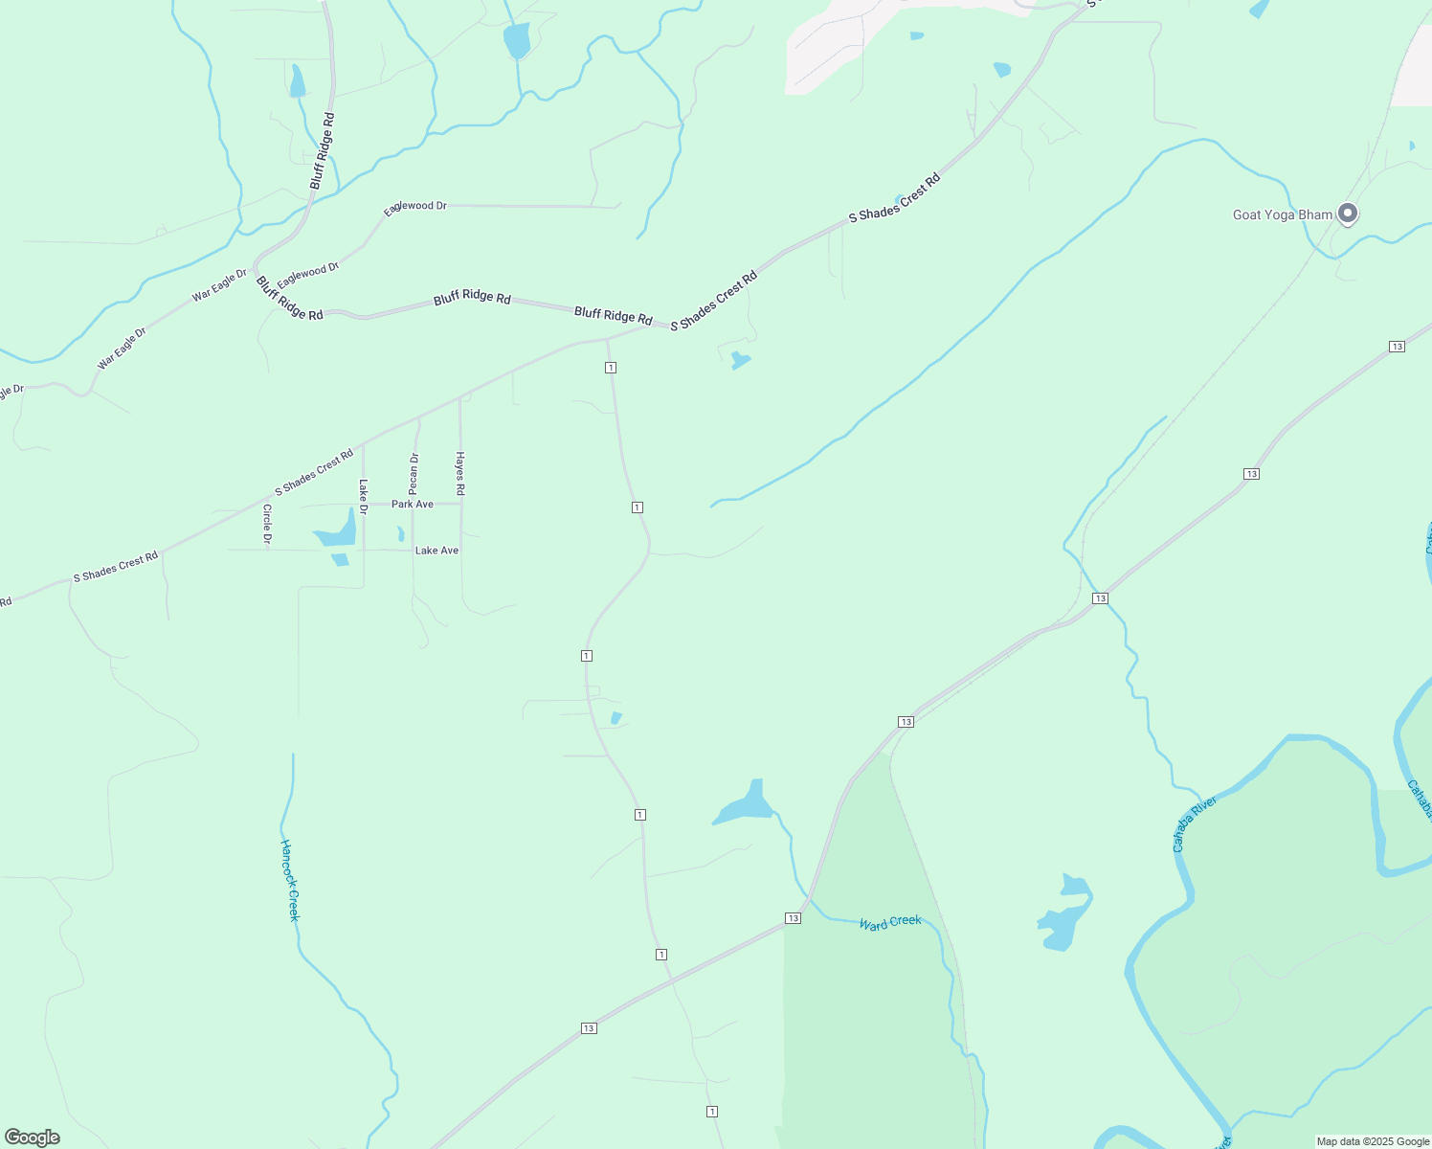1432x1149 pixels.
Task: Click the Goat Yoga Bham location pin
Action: coord(1348,213)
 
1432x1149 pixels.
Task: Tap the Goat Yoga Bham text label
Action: coord(1282,214)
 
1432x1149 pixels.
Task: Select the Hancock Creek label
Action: coord(290,881)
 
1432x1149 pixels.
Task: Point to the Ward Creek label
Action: coord(890,922)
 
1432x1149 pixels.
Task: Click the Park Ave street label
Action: coord(413,504)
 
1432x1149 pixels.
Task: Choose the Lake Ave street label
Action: coord(436,551)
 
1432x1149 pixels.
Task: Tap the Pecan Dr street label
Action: coord(414,474)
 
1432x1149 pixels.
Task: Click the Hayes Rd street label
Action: coord(460,473)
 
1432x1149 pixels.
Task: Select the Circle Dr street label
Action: coord(267,525)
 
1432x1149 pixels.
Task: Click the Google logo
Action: coord(33,1137)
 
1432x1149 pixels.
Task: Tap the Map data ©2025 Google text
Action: coord(1373,1141)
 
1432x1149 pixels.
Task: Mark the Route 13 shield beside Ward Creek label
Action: coord(793,918)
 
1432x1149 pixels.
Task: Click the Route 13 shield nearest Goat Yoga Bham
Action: coord(1397,346)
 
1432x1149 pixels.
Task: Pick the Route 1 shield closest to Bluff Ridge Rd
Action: coord(610,368)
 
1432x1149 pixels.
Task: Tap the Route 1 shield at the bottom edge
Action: coord(712,1111)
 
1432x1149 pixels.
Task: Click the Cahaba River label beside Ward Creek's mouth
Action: coord(1194,823)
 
